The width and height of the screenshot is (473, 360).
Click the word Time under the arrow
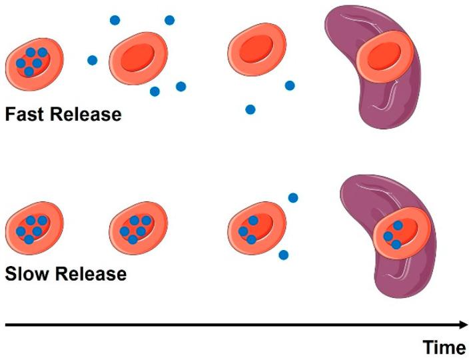(x=444, y=347)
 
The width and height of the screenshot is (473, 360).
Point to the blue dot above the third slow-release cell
(x=292, y=198)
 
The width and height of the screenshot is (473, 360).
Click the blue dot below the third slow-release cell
(x=283, y=255)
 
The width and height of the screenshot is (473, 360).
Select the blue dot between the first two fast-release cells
(x=92, y=61)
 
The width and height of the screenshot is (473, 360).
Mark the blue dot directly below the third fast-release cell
(x=250, y=109)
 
